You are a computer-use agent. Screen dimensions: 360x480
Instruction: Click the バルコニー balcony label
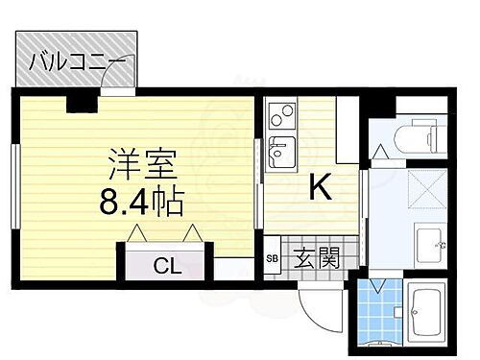77,63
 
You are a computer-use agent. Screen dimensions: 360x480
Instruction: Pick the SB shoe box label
273,258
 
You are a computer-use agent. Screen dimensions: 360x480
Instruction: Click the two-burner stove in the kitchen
283,118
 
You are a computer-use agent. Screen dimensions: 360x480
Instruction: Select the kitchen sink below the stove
283,152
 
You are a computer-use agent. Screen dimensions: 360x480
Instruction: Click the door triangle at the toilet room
380,152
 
